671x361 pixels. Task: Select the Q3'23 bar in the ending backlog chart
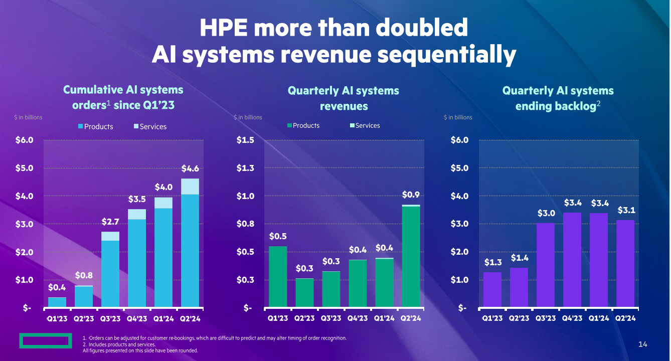(x=546, y=265)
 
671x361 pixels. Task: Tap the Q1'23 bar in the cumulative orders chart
(x=57, y=302)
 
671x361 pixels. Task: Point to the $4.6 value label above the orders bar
(x=190, y=168)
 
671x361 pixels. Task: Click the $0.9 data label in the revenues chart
(x=411, y=195)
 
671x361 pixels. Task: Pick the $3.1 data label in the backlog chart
(x=625, y=210)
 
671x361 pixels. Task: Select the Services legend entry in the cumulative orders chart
(x=150, y=127)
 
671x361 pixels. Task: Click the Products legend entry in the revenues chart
(x=303, y=126)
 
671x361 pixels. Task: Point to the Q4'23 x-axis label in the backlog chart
(x=572, y=318)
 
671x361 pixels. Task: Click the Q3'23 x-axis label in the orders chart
(x=110, y=318)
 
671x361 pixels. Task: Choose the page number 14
(x=643, y=344)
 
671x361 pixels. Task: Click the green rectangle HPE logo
(x=44, y=340)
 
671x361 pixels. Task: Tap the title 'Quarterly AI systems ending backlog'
(x=558, y=98)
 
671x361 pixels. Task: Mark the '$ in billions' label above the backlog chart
(x=458, y=117)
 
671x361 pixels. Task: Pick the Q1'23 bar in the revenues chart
(x=278, y=276)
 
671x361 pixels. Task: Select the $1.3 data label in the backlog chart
(x=493, y=262)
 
